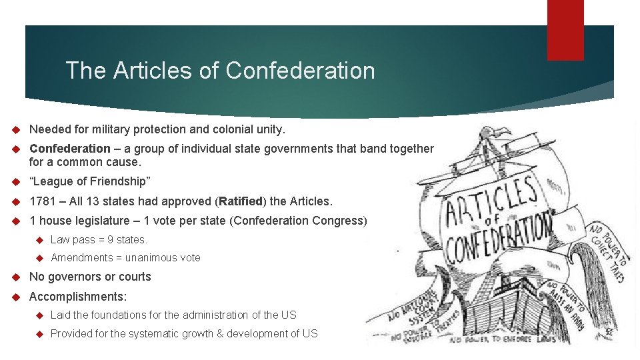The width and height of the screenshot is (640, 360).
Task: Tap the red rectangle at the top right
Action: tap(565, 29)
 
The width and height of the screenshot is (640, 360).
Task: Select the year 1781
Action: tap(42, 201)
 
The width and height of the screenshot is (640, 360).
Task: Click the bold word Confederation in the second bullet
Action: tap(70, 149)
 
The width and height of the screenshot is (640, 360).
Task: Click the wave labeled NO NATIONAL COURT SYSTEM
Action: tap(414, 306)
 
